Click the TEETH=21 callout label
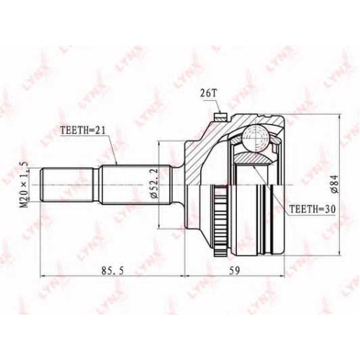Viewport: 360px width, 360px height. click(x=83, y=130)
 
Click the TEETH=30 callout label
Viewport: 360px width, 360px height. click(x=312, y=210)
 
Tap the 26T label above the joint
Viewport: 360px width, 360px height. click(x=209, y=94)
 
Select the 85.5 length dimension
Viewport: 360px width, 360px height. click(x=112, y=271)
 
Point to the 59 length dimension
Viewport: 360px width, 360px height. click(x=234, y=271)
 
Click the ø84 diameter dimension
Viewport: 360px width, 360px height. click(x=335, y=184)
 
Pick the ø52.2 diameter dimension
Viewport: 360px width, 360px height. click(x=154, y=183)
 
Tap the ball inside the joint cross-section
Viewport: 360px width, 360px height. click(x=254, y=138)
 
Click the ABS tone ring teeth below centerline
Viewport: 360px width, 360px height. click(x=220, y=220)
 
